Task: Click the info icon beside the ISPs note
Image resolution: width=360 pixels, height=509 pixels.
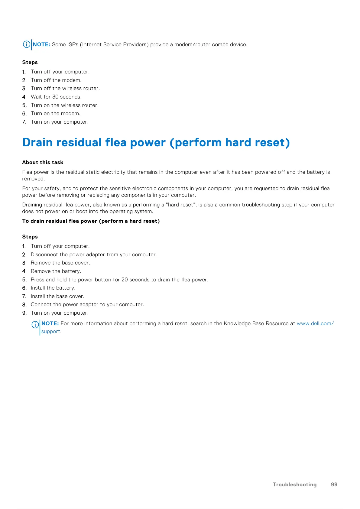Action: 27,44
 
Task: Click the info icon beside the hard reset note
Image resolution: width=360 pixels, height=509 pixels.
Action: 35,325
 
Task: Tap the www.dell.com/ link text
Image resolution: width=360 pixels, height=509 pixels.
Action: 315,323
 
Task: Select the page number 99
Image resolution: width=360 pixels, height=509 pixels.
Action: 334,485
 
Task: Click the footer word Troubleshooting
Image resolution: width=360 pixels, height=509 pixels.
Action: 294,485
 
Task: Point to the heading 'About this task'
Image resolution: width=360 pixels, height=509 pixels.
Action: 43,162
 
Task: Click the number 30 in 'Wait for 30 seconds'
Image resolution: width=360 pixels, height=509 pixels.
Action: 55,97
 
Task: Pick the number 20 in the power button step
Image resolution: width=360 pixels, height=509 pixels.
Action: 125,280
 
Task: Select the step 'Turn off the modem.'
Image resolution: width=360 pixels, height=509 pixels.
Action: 56,80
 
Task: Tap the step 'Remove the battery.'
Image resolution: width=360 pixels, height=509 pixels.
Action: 56,271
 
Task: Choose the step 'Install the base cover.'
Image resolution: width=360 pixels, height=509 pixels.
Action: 57,296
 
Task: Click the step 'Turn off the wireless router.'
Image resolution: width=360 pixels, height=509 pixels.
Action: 65,88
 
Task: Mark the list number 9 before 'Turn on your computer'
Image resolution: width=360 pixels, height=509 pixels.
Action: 24,313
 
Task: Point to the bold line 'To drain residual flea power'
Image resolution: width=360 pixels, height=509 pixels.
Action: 91,221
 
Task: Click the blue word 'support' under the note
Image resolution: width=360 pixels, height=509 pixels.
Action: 50,331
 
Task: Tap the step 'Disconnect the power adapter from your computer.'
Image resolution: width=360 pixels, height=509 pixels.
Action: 94,254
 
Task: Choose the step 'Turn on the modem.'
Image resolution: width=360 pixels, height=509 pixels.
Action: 55,113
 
